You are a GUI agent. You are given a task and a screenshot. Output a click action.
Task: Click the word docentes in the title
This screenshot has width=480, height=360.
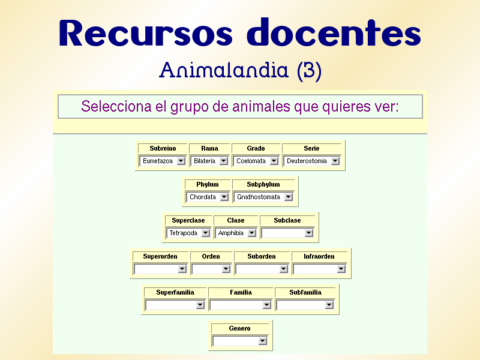334,34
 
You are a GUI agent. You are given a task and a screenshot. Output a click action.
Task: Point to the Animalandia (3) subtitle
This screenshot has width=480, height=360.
240,71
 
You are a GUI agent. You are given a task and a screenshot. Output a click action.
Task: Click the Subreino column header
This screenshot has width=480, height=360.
163,148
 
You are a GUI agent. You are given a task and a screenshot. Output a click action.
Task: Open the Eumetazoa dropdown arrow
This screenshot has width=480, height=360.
181,161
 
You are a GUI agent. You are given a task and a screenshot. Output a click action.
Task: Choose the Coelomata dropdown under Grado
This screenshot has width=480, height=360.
256,161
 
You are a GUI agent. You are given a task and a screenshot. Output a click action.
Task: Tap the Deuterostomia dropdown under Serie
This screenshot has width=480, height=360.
312,161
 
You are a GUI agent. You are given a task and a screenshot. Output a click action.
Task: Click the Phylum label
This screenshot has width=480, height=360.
207,184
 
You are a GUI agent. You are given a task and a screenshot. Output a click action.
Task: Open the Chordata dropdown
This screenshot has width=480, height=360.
207,197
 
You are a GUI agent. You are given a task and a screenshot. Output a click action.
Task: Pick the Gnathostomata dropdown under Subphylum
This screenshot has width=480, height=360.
264,197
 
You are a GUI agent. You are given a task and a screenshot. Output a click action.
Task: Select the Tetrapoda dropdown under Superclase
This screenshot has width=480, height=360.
188,233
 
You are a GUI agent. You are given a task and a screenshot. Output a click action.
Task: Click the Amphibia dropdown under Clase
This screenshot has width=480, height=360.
236,233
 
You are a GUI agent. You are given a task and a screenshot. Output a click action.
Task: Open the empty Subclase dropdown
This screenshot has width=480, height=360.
287,233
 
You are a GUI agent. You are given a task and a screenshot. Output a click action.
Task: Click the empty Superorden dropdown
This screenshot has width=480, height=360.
160,269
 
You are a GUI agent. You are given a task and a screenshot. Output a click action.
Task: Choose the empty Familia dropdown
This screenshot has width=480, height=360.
241,305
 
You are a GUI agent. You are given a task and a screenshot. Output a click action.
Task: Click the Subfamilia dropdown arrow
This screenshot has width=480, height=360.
329,305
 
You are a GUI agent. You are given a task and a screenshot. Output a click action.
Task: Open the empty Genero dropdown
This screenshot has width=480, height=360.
240,341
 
